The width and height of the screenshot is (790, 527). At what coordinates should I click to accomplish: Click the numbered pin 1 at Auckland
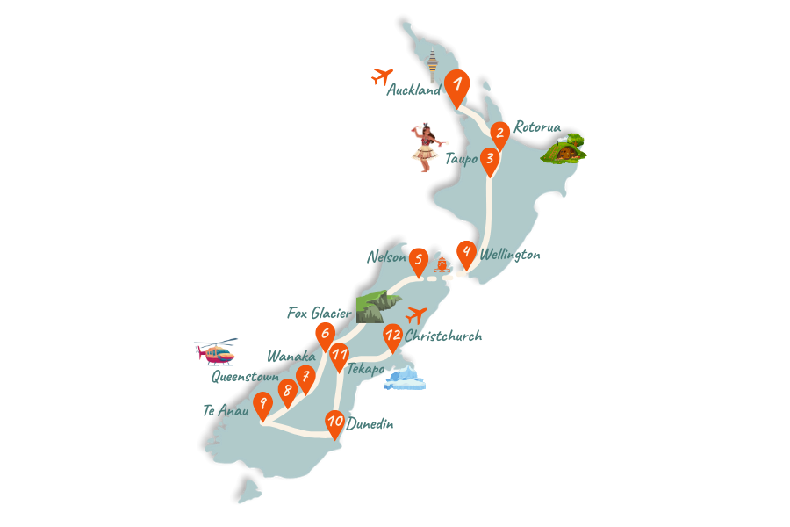(x=456, y=86)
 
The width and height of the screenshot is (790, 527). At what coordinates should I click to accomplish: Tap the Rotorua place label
(x=536, y=127)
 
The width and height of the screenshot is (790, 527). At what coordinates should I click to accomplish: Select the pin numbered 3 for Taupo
(x=490, y=160)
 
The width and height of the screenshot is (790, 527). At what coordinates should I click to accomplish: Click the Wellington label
(x=510, y=255)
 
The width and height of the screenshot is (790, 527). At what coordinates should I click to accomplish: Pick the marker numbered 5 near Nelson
(x=419, y=260)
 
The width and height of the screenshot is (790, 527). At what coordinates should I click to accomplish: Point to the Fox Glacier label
(x=320, y=313)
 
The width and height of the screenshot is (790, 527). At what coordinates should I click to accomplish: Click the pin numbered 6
(x=325, y=334)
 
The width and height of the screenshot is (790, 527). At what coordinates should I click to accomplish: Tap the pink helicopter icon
(x=216, y=352)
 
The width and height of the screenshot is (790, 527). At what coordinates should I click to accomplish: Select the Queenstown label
(x=245, y=377)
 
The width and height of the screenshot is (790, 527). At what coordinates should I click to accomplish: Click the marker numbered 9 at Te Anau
(x=262, y=405)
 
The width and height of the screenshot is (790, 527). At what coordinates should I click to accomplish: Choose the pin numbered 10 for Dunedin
(x=334, y=422)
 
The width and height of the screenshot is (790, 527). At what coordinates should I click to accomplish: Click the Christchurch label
(x=443, y=336)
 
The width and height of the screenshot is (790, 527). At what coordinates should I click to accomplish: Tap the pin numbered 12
(x=392, y=336)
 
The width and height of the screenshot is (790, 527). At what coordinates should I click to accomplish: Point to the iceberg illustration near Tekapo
(x=405, y=379)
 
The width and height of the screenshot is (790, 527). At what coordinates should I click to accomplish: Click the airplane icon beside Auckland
(x=382, y=76)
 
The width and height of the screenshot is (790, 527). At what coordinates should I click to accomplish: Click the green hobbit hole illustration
(x=564, y=148)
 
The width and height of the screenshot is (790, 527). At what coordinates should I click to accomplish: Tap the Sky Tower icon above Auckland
(x=431, y=65)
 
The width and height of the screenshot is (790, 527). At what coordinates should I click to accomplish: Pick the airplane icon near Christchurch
(x=416, y=314)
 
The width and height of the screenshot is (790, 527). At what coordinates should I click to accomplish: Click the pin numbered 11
(x=340, y=356)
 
